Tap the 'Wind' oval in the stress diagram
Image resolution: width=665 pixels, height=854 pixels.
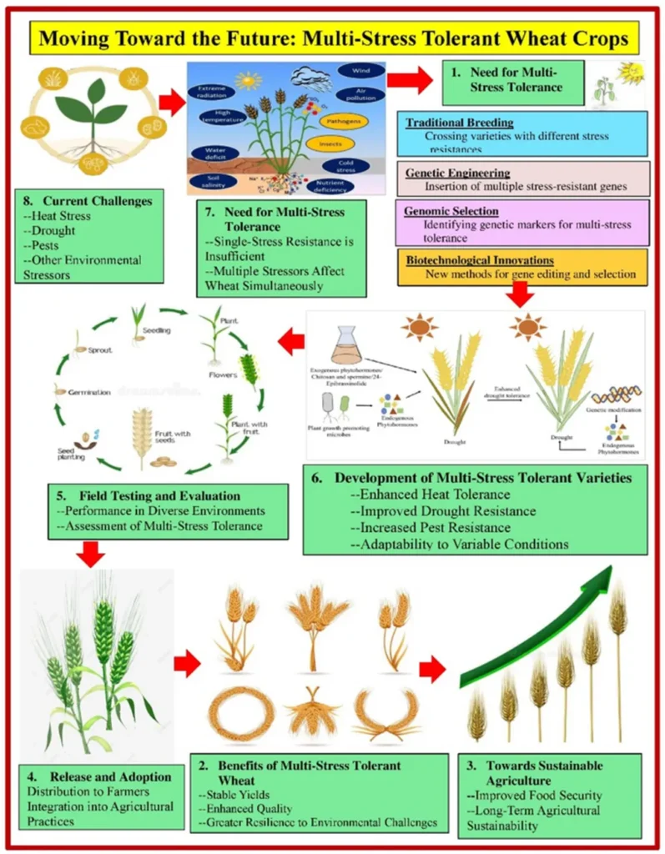(x=361, y=72)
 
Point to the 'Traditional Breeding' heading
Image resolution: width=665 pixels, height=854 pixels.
(x=460, y=123)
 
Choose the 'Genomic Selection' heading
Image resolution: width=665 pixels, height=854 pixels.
(x=452, y=211)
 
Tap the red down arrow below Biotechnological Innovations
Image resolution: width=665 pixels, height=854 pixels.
(x=521, y=293)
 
